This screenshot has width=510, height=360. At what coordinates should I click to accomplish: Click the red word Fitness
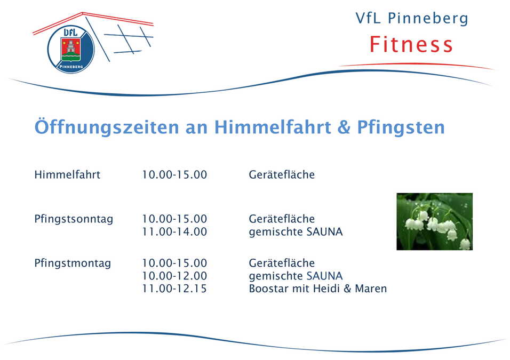point(411,44)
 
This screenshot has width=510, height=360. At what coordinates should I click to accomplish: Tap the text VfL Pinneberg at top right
point(412,19)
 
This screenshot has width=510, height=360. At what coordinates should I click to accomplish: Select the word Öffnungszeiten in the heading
point(107,128)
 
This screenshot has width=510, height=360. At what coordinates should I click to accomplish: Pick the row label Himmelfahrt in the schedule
point(67,175)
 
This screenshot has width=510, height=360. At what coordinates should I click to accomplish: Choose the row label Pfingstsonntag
point(74,219)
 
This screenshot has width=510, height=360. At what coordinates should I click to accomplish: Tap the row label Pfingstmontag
point(73,263)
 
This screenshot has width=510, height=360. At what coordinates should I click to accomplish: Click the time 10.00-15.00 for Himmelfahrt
point(174,175)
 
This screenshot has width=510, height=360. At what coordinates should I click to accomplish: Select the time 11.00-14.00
point(174,232)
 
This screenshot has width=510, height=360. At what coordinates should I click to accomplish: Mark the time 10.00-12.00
point(174,276)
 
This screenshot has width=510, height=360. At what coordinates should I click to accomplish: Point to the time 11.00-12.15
point(174,289)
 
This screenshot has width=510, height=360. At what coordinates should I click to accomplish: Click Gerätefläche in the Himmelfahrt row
point(282,175)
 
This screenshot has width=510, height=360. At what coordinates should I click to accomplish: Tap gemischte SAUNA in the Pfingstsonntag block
point(296,232)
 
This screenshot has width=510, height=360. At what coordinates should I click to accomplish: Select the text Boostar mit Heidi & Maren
point(317,289)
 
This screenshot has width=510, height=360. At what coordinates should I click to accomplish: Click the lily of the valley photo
point(434,221)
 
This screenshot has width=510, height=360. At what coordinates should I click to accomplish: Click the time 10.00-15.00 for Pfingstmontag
point(174,263)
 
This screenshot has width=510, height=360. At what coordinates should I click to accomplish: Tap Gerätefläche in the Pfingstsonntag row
point(282,219)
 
